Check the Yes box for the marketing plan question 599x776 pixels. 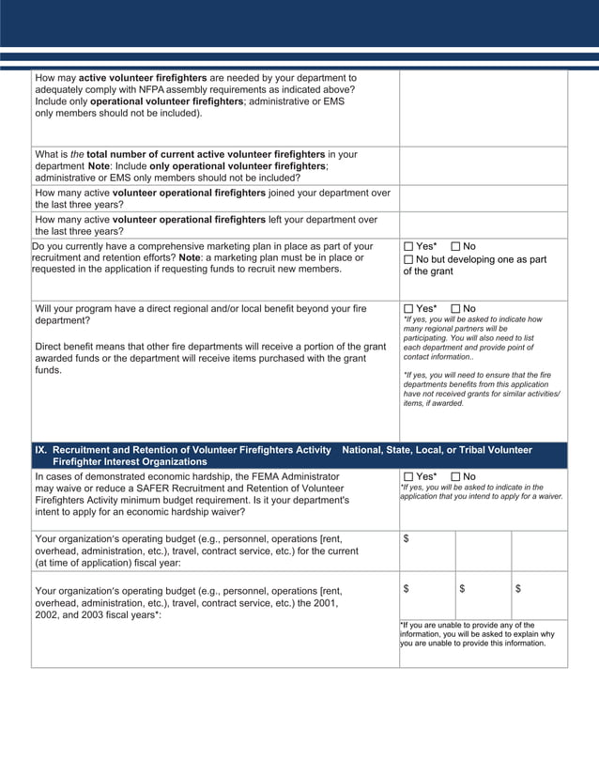click(x=408, y=247)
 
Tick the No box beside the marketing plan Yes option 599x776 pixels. click(x=456, y=247)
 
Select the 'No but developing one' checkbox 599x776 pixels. click(x=408, y=259)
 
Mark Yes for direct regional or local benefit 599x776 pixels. click(x=408, y=308)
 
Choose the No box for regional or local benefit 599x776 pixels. click(x=456, y=308)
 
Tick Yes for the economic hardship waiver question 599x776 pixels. click(x=408, y=476)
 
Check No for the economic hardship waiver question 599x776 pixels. click(x=456, y=476)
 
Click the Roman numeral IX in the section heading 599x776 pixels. click(x=41, y=450)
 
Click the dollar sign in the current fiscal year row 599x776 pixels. click(x=406, y=538)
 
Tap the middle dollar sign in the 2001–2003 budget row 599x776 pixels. click(x=462, y=588)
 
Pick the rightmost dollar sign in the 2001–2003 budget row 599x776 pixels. click(x=518, y=588)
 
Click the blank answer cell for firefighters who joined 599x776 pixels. click(x=483, y=198)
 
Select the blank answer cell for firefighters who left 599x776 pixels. click(x=483, y=225)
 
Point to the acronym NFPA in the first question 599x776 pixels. click(x=175, y=90)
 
